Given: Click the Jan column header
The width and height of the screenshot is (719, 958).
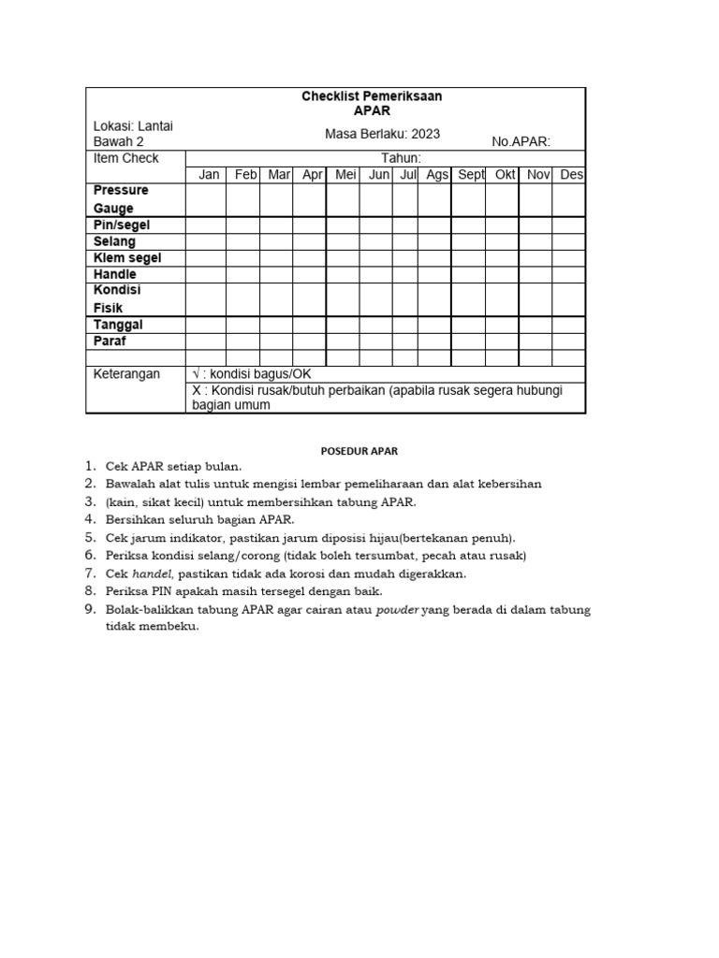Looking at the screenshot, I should pos(209,175).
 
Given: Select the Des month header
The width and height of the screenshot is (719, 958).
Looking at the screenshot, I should pos(571,175).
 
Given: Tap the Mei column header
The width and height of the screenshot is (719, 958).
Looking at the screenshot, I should pos(345,175).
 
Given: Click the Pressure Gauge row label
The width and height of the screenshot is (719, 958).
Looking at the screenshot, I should pos(120,199).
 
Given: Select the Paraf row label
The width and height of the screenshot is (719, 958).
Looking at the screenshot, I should pos(110,341).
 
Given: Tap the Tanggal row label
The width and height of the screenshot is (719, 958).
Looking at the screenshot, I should pos(118,325).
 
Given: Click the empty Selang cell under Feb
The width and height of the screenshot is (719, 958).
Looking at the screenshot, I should pos(242,241).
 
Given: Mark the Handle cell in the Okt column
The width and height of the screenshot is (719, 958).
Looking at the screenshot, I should pos(502,274).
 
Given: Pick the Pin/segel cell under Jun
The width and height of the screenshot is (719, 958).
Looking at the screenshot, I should pos(376,225).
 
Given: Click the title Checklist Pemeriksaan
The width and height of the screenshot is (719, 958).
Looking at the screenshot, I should pos(372,96).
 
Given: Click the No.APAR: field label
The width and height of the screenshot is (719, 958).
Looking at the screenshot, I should pos(521,142).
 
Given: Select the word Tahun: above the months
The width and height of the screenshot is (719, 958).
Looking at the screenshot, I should pos(401,158).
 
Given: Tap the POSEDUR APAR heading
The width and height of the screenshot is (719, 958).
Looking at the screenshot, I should pos(359,451).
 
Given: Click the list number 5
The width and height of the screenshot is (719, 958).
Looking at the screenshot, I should pos(90,537).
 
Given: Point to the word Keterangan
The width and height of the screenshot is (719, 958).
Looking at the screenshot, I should pos(127,374).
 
